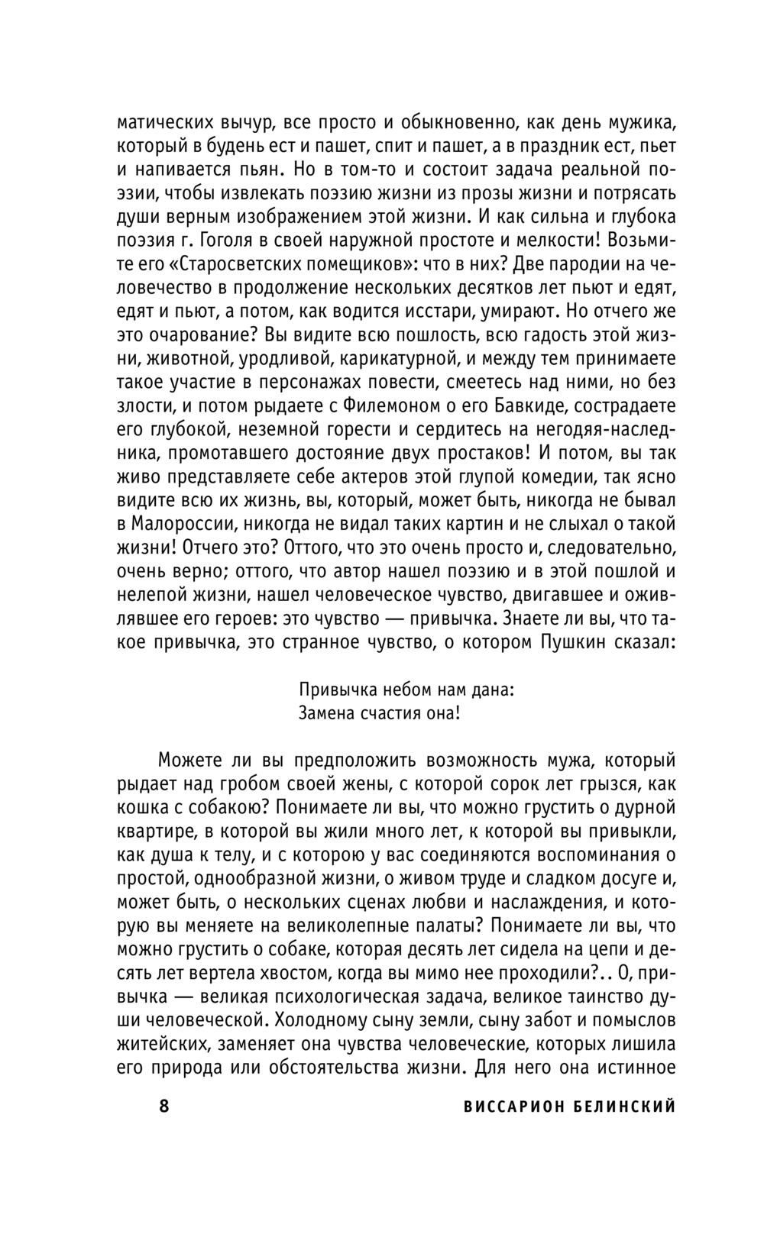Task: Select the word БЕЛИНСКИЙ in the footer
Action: pyautogui.click(x=627, y=1106)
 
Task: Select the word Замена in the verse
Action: pyautogui.click(x=325, y=713)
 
